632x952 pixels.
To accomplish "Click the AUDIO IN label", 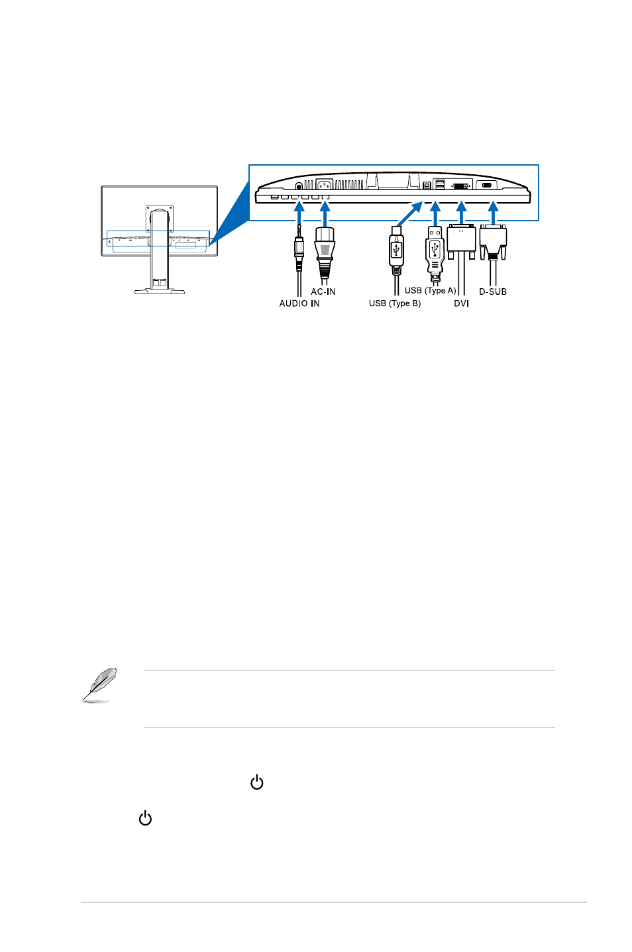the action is pyautogui.click(x=299, y=303).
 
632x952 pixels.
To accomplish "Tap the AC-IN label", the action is pyautogui.click(x=323, y=291).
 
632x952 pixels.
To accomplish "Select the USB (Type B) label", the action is pyautogui.click(x=394, y=303).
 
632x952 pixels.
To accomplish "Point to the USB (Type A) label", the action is pyautogui.click(x=430, y=290).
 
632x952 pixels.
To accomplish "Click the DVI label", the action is pyautogui.click(x=461, y=303).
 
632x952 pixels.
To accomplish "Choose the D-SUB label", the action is pyautogui.click(x=493, y=291).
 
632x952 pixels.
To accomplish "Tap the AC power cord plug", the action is pyautogui.click(x=325, y=253).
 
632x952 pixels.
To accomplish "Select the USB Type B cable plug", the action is pyautogui.click(x=396, y=250).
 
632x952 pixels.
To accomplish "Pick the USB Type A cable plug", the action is pyautogui.click(x=435, y=253).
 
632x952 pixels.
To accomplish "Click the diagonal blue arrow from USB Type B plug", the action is pyautogui.click(x=409, y=214).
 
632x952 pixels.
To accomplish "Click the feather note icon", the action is pyautogui.click(x=99, y=685).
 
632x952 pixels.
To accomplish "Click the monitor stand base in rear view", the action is pyautogui.click(x=160, y=291).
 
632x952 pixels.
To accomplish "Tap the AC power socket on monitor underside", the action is pyautogui.click(x=324, y=185).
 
